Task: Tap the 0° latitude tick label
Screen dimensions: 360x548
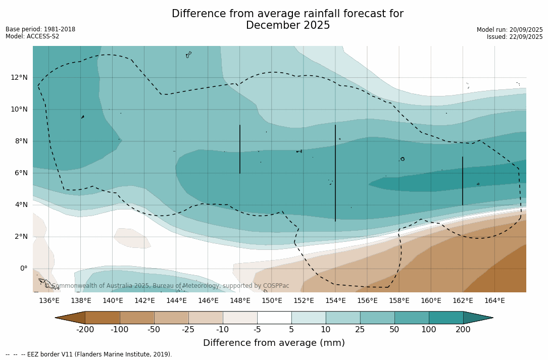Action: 23,269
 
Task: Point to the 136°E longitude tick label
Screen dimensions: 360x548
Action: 49,301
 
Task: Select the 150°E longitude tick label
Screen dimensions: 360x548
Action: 272,301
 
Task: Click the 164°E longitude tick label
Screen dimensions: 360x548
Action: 494,301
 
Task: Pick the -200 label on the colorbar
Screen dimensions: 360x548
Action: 85,330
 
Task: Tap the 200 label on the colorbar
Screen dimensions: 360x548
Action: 463,330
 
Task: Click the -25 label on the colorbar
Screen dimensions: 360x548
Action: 188,330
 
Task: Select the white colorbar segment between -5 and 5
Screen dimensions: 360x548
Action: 274,318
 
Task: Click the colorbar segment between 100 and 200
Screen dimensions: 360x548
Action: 446,318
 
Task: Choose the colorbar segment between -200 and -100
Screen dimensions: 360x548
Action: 102,318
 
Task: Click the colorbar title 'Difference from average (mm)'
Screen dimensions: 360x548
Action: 274,343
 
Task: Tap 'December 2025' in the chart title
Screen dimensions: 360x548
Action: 288,25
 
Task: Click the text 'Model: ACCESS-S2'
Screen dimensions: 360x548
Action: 32,36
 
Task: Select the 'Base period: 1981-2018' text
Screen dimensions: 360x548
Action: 40,29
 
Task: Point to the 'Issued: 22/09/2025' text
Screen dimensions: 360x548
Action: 515,37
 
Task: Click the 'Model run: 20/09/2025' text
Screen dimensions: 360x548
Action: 510,30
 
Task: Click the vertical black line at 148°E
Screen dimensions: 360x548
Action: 240,149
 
